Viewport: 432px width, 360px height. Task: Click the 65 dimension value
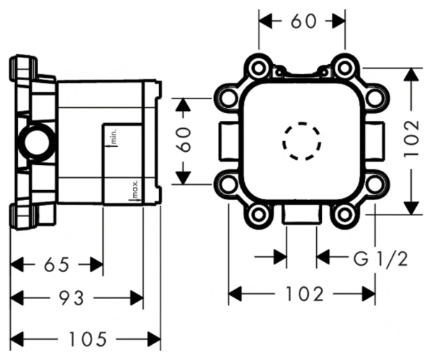pyautogui.click(x=57, y=265)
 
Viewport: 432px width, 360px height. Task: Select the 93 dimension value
pyautogui.click(x=71, y=298)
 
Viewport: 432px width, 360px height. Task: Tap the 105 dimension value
pyautogui.click(x=88, y=339)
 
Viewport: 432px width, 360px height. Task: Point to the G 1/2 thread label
pyautogui.click(x=380, y=259)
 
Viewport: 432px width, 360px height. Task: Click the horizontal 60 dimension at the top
pyautogui.click(x=304, y=21)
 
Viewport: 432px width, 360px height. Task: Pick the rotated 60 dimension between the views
pyautogui.click(x=184, y=140)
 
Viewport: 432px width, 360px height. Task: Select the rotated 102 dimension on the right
pyautogui.click(x=412, y=139)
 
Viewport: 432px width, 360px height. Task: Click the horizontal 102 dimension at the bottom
pyautogui.click(x=305, y=294)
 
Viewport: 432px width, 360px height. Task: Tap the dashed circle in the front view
pyautogui.click(x=302, y=141)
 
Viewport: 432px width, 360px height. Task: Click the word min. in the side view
pyautogui.click(x=114, y=136)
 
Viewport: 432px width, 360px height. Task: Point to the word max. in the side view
pyautogui.click(x=135, y=189)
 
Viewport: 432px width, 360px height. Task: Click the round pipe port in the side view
pyautogui.click(x=37, y=142)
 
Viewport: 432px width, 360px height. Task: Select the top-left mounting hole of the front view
pyautogui.click(x=258, y=68)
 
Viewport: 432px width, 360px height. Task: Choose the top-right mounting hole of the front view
pyautogui.click(x=344, y=68)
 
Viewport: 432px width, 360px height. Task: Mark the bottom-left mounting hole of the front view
pyautogui.click(x=258, y=215)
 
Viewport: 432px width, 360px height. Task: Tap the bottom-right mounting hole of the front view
pyautogui.click(x=344, y=215)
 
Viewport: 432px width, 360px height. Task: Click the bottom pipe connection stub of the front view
pyautogui.click(x=302, y=215)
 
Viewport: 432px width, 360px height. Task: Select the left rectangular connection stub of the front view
pyautogui.click(x=229, y=141)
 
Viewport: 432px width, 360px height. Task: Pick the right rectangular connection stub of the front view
pyautogui.click(x=374, y=141)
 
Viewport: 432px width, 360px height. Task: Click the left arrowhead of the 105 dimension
pyautogui.click(x=17, y=339)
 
